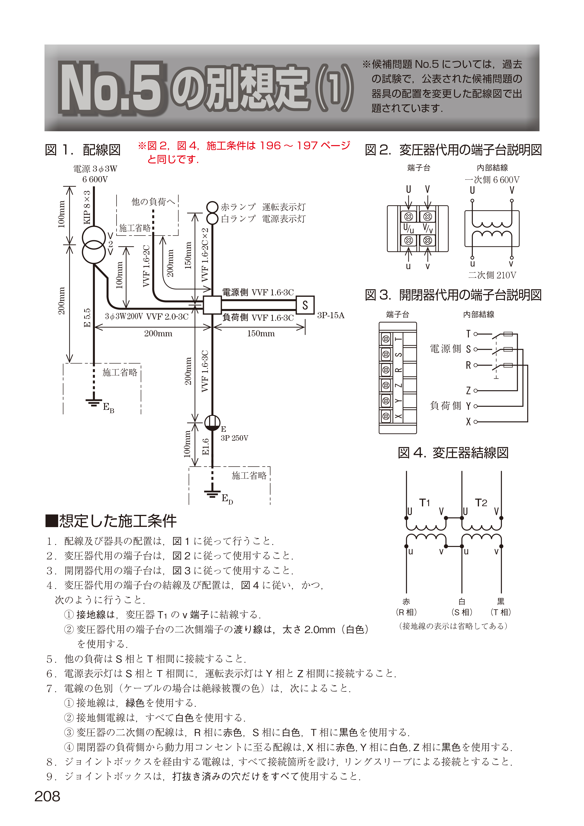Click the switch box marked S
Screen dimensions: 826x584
[x=305, y=305]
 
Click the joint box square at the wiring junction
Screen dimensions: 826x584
[x=212, y=305]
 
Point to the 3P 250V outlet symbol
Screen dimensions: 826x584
[x=212, y=423]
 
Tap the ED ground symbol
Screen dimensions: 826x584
[x=212, y=494]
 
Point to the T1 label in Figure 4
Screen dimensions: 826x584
[x=425, y=503]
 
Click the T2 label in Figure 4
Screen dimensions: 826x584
[x=481, y=503]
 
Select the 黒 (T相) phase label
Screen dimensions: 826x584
[x=501, y=607]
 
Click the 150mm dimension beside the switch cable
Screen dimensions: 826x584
[x=261, y=334]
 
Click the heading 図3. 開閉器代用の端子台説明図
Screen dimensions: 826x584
[x=453, y=295]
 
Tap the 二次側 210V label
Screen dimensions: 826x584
[x=492, y=275]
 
